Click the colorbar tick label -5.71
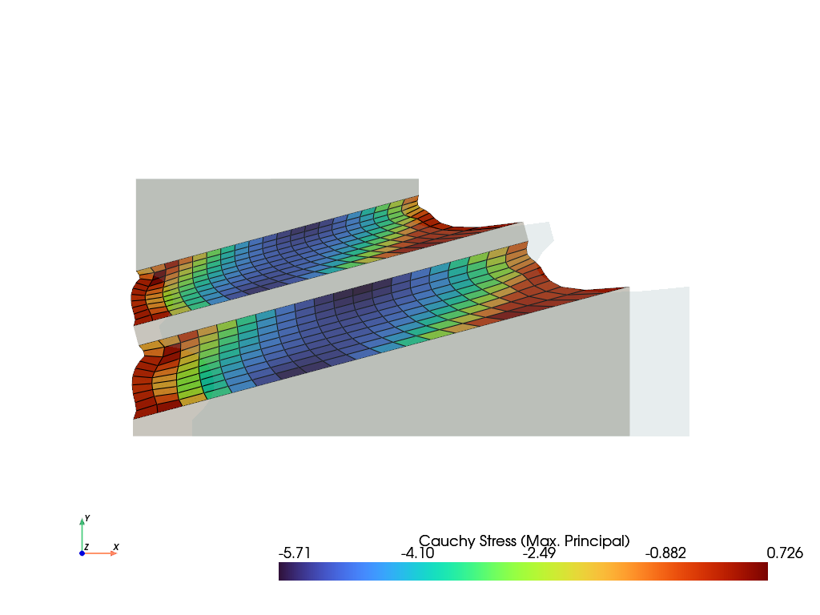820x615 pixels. tap(295, 553)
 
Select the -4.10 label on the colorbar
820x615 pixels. tap(417, 553)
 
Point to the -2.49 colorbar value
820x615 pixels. tap(539, 553)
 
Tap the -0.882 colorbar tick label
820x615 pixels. tap(665, 553)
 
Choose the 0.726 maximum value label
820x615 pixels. tap(785, 553)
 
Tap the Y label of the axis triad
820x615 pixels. tap(86, 518)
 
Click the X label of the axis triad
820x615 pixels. tap(116, 547)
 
